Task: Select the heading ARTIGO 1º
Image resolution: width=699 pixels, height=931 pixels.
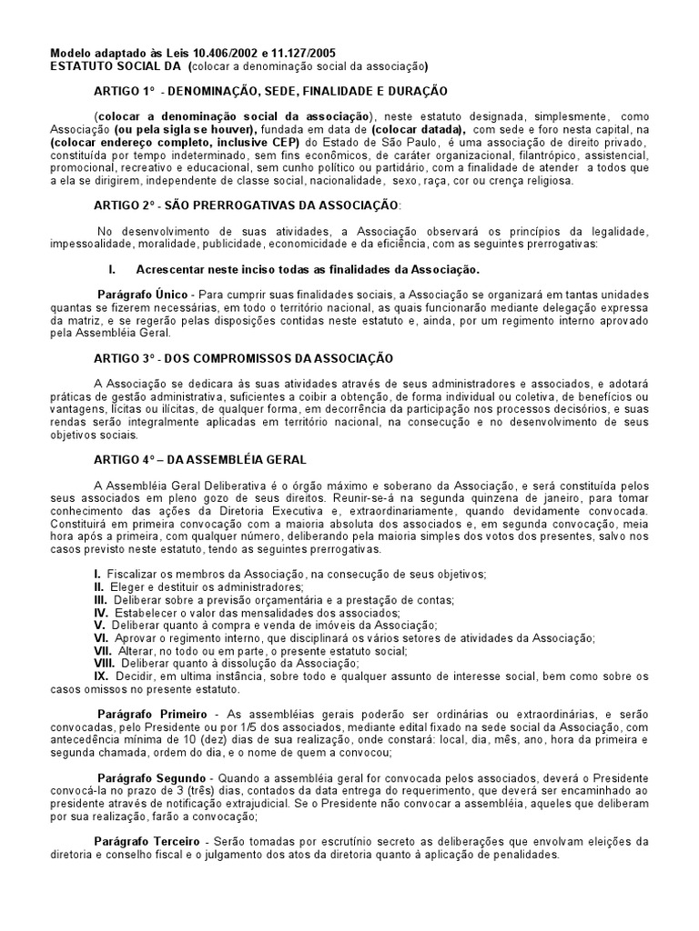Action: click(x=125, y=92)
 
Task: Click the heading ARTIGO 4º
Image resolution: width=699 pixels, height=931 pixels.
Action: click(x=125, y=460)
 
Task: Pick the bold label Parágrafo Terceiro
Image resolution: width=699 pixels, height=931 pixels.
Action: click(x=145, y=840)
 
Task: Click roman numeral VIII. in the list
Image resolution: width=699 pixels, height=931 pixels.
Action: click(x=105, y=662)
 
